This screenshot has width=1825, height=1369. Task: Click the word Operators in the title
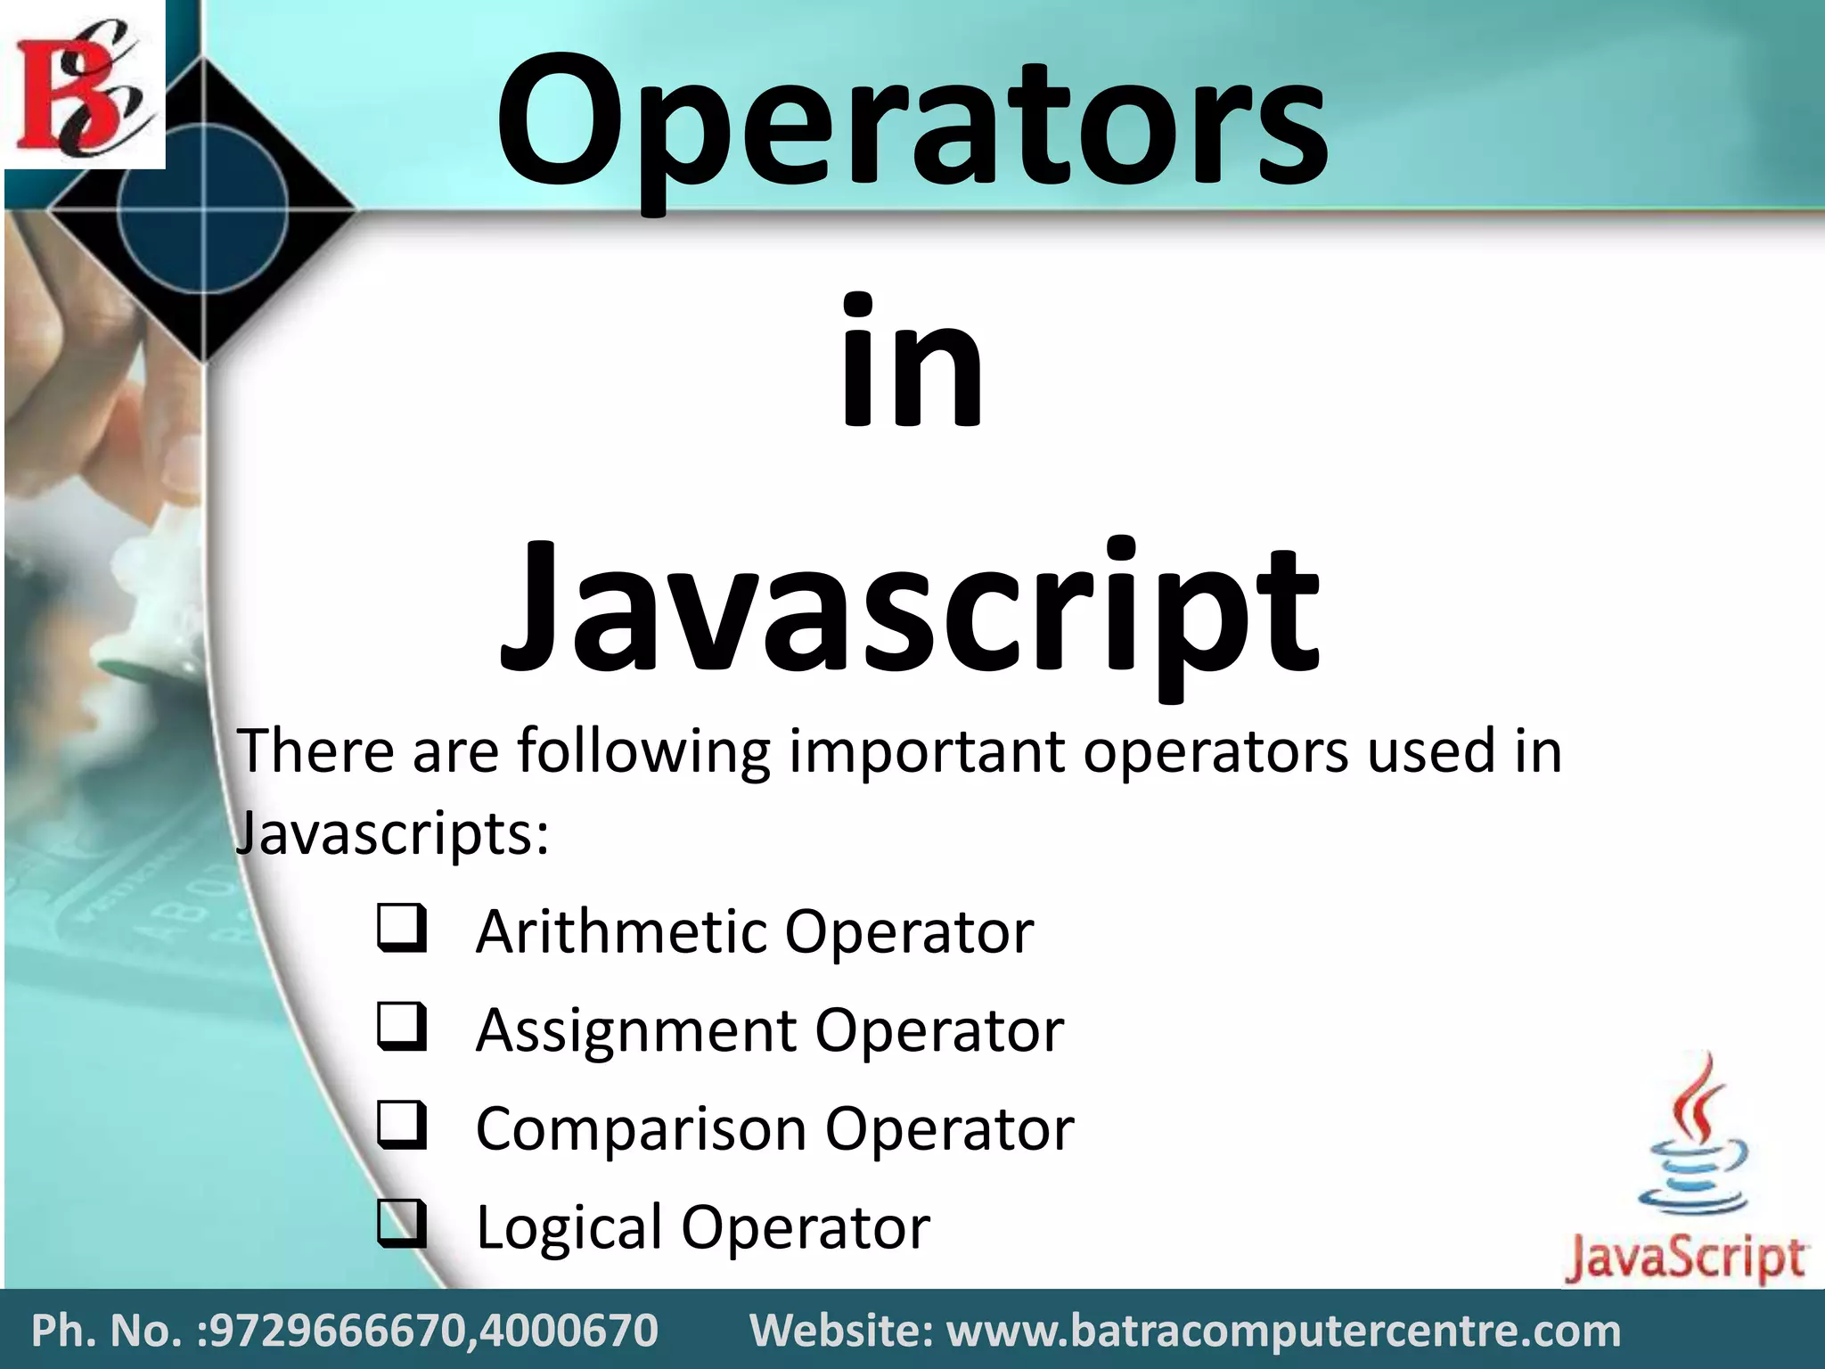click(911, 125)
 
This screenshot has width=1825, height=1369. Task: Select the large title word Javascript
click(909, 611)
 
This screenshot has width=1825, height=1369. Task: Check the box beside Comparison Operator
click(401, 1125)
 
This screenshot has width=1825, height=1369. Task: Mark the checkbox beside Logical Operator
click(401, 1223)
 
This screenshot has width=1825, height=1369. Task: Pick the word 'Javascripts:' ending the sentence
click(392, 833)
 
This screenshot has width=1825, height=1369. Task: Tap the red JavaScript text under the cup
click(1684, 1258)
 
